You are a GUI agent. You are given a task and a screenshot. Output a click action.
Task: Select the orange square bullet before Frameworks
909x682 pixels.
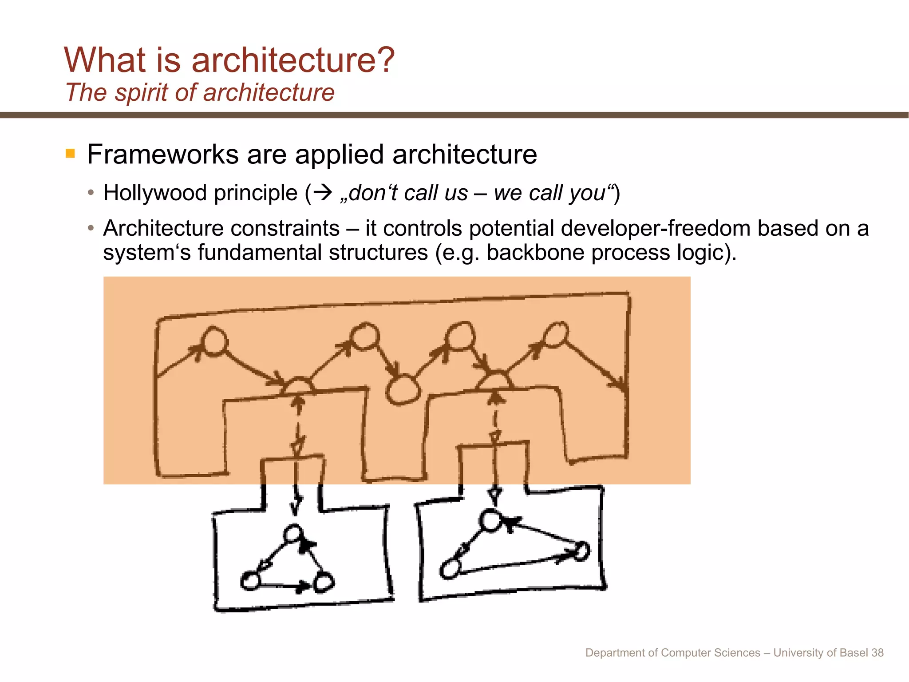click(70, 154)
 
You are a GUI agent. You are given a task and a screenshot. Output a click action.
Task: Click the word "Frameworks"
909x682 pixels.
click(162, 155)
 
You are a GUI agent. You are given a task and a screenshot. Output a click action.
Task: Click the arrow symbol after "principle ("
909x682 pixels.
click(323, 193)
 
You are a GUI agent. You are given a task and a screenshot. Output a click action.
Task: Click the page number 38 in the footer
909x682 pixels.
click(877, 653)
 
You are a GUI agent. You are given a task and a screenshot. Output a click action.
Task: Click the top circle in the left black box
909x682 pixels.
click(293, 534)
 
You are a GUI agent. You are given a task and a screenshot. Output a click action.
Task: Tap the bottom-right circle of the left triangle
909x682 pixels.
click(324, 582)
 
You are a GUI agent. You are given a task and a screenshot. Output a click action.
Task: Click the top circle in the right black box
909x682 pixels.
click(490, 521)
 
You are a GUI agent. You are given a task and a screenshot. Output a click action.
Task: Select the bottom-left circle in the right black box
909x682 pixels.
click(450, 569)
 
